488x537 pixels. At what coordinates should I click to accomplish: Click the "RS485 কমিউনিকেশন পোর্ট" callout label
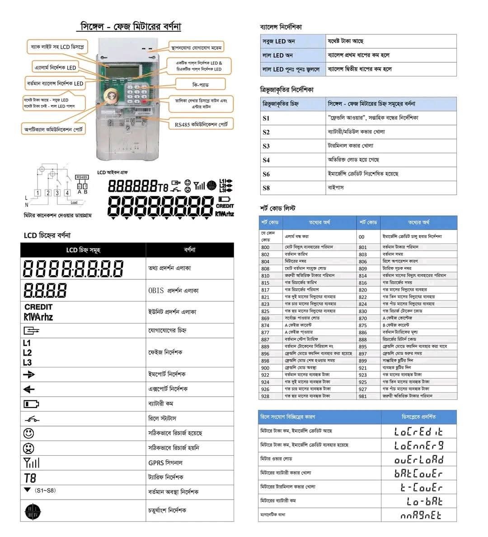point(201,124)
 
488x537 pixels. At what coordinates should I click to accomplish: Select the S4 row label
point(266,160)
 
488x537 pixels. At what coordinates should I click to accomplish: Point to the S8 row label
point(266,188)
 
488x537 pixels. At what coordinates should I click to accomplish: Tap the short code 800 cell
point(265,247)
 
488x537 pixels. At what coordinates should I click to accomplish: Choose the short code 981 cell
point(363,396)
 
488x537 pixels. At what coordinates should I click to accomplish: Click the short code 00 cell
point(361,237)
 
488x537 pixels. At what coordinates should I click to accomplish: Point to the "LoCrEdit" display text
point(418,432)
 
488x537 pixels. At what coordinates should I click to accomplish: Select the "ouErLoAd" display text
point(419,460)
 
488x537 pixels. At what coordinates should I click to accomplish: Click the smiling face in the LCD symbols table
point(28,434)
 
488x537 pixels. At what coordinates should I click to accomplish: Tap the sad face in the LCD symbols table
point(28,449)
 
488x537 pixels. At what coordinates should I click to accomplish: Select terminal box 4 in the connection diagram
point(67,193)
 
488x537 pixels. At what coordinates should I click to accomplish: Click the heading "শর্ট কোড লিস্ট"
point(277,208)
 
